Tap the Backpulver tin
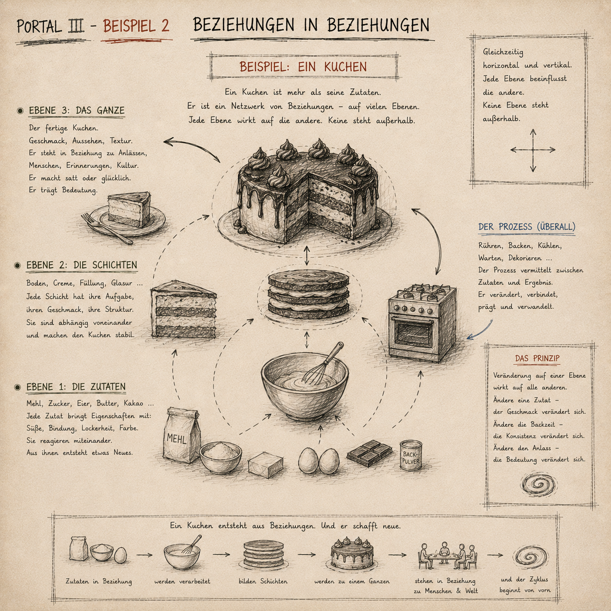[x=411, y=455]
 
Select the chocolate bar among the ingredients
[x=369, y=453]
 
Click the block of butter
[x=266, y=465]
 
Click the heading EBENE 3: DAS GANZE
[x=76, y=110]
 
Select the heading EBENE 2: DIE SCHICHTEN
[x=81, y=265]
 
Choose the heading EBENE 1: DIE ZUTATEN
[x=76, y=387]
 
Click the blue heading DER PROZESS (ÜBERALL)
[x=527, y=227]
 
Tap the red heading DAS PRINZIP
[x=537, y=358]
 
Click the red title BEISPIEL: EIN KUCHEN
[x=303, y=67]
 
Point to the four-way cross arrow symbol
[x=533, y=150]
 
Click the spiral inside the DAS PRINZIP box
[x=538, y=484]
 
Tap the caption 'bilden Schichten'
[x=263, y=581]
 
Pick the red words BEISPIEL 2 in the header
[x=136, y=26]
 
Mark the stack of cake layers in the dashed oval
[x=308, y=294]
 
